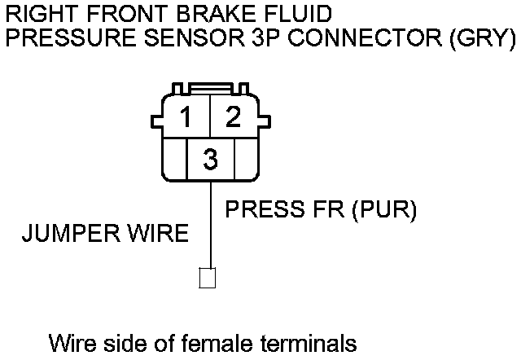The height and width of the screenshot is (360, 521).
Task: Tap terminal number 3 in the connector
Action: [x=210, y=160]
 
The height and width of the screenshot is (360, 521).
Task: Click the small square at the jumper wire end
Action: [x=207, y=278]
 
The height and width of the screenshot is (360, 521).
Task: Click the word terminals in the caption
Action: [x=304, y=343]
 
